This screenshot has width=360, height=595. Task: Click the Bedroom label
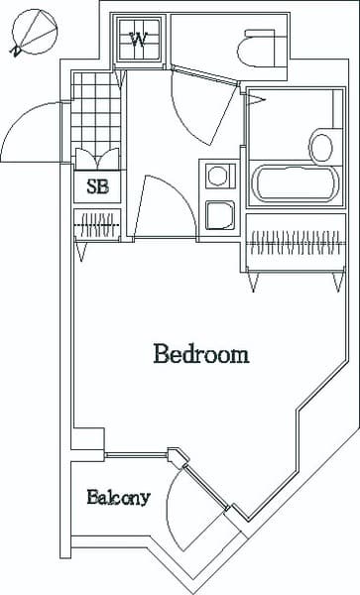pos(200,354)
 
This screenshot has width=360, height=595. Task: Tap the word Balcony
pos(118,498)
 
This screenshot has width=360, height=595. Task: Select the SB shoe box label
pos(97,185)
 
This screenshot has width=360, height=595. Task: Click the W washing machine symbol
pos(139,40)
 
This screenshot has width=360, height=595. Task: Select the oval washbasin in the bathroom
pos(321,146)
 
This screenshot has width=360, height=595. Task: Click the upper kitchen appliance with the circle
pos(217,177)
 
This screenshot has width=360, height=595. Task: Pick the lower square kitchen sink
pos(217,214)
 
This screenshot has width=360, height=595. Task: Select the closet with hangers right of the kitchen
pos(294,241)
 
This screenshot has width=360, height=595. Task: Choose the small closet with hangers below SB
pos(97,224)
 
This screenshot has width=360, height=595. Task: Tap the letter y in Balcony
pos(145,500)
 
